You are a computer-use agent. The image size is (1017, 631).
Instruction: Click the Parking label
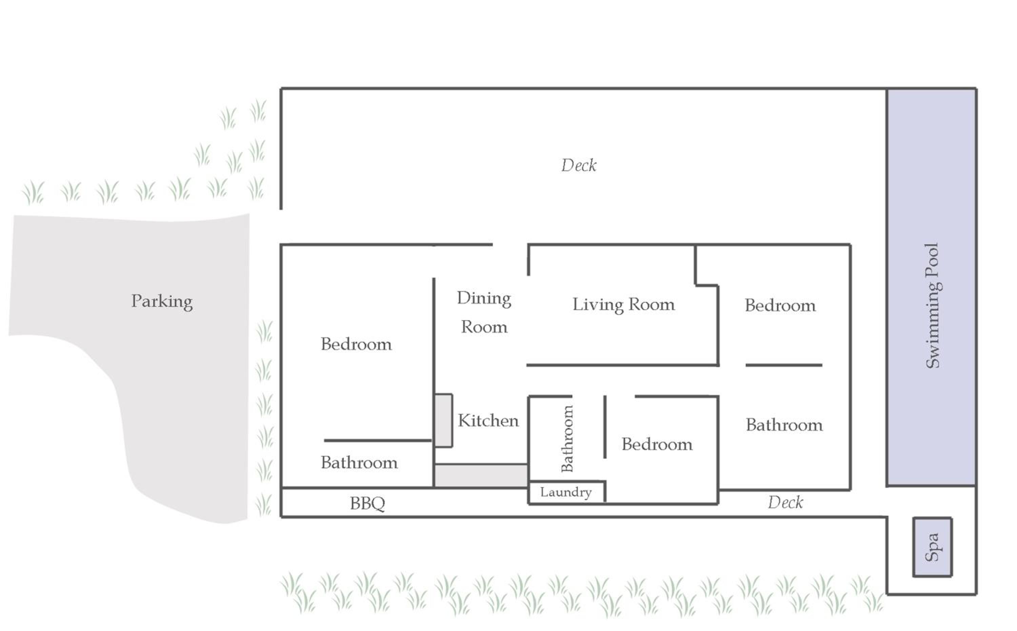pyautogui.click(x=162, y=301)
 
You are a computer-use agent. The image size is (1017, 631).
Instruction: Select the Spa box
pyautogui.click(x=932, y=547)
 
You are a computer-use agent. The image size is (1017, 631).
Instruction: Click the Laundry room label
pyautogui.click(x=566, y=493)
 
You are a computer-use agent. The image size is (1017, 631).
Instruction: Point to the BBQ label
pyautogui.click(x=367, y=503)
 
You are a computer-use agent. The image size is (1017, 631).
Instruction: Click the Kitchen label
pyautogui.click(x=488, y=421)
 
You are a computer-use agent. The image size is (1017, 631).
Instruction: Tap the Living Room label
pyautogui.click(x=623, y=305)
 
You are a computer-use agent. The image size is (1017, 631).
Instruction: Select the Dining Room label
pyautogui.click(x=484, y=312)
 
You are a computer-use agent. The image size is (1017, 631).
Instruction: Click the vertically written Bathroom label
pyautogui.click(x=567, y=438)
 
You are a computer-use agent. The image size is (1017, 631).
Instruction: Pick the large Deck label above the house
pyautogui.click(x=579, y=165)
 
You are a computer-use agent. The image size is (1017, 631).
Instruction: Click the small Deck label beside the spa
pyautogui.click(x=785, y=502)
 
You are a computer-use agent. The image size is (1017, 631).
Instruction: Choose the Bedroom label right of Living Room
pyautogui.click(x=780, y=305)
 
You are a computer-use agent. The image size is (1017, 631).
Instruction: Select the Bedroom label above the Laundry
pyautogui.click(x=657, y=444)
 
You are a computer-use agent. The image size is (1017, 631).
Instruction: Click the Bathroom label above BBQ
pyautogui.click(x=359, y=463)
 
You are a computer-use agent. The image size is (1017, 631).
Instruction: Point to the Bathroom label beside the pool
pyautogui.click(x=784, y=425)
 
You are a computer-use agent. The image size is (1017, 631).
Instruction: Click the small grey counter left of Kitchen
pyautogui.click(x=443, y=420)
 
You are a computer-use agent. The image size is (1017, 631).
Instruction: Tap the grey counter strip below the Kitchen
pyautogui.click(x=481, y=475)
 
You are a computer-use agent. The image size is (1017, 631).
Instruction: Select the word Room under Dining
pyautogui.click(x=484, y=327)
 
